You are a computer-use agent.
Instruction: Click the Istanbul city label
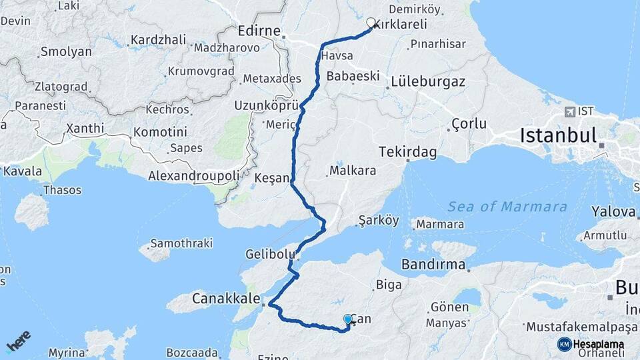(558, 136)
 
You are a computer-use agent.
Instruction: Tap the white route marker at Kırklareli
(371, 23)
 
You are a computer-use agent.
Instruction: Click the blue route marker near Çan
(347, 320)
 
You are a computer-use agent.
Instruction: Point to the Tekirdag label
(407, 153)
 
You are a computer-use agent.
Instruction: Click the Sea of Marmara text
(507, 207)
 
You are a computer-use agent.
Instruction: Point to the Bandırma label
(433, 265)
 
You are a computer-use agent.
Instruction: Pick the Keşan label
(273, 179)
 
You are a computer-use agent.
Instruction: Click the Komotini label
(160, 132)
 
